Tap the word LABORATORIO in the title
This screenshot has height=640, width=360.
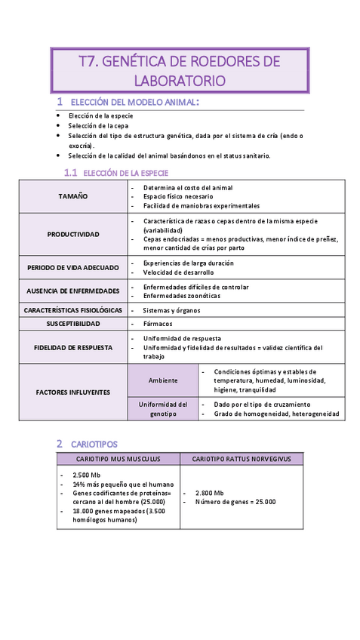click(180, 80)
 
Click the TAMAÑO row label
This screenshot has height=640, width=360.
click(73, 196)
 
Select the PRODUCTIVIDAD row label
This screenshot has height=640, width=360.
click(73, 234)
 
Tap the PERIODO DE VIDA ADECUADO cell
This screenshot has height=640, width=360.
click(73, 267)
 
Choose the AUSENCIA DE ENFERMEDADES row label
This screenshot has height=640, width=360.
click(73, 291)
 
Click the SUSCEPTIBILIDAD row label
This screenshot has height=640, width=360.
click(73, 323)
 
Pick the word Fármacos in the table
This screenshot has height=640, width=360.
click(157, 323)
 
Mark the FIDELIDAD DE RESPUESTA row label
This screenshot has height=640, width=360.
click(73, 347)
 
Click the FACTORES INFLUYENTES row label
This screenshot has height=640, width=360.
click(73, 392)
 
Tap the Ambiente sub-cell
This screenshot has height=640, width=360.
click(164, 380)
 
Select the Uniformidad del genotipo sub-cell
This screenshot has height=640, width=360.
click(164, 409)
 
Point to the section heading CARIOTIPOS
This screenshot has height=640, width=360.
click(94, 444)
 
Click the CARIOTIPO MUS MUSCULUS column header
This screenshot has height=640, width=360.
click(118, 459)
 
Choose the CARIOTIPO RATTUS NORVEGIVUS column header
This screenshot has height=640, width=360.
click(242, 459)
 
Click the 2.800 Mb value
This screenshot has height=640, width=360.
click(209, 492)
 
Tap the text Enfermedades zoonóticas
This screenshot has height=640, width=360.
click(181, 296)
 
